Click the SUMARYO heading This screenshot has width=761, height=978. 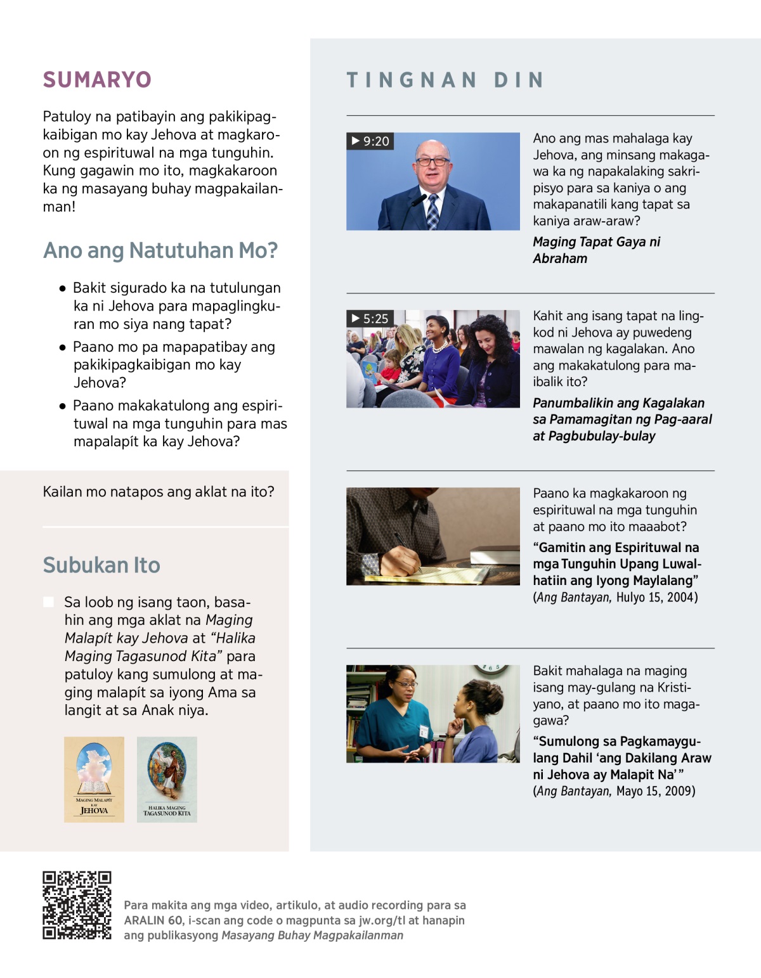pyautogui.click(x=97, y=80)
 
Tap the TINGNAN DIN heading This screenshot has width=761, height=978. pyautogui.click(x=445, y=80)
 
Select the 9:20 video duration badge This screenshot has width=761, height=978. pyautogui.click(x=370, y=141)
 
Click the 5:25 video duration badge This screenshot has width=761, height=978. pyautogui.click(x=370, y=319)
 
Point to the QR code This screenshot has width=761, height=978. pyautogui.click(x=77, y=905)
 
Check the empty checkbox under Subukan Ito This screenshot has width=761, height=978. pyautogui.click(x=48, y=602)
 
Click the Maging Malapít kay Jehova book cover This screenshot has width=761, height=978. pyautogui.click(x=94, y=779)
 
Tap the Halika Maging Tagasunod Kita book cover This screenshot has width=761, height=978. pyautogui.click(x=167, y=779)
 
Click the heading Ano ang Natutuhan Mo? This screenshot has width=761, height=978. pyautogui.click(x=160, y=250)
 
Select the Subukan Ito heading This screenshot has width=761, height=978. pyautogui.click(x=101, y=565)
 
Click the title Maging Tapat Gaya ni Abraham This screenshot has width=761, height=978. pyautogui.click(x=596, y=250)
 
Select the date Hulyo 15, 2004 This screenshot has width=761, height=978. pyautogui.click(x=656, y=597)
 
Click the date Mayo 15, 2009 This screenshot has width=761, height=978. pyautogui.click(x=655, y=791)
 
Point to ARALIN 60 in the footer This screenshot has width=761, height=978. pyautogui.click(x=153, y=920)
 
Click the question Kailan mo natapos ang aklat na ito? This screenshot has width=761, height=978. pyautogui.click(x=159, y=492)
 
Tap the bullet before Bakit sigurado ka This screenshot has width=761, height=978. pyautogui.click(x=62, y=288)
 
